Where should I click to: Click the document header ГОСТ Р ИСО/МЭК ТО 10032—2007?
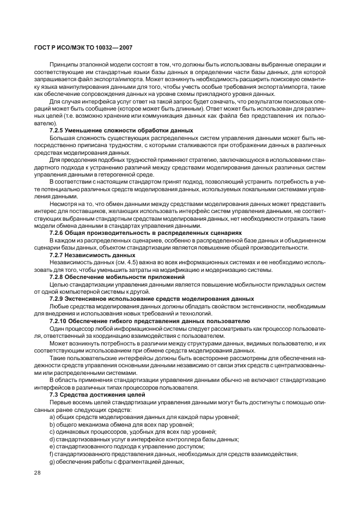(x=82, y=47)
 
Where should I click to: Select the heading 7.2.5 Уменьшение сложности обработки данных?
(x=121, y=130)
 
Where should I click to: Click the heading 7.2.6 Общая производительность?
(x=145, y=232)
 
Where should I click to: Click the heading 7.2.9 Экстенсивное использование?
(x=151, y=299)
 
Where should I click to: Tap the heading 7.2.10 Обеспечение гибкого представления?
(x=150, y=321)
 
